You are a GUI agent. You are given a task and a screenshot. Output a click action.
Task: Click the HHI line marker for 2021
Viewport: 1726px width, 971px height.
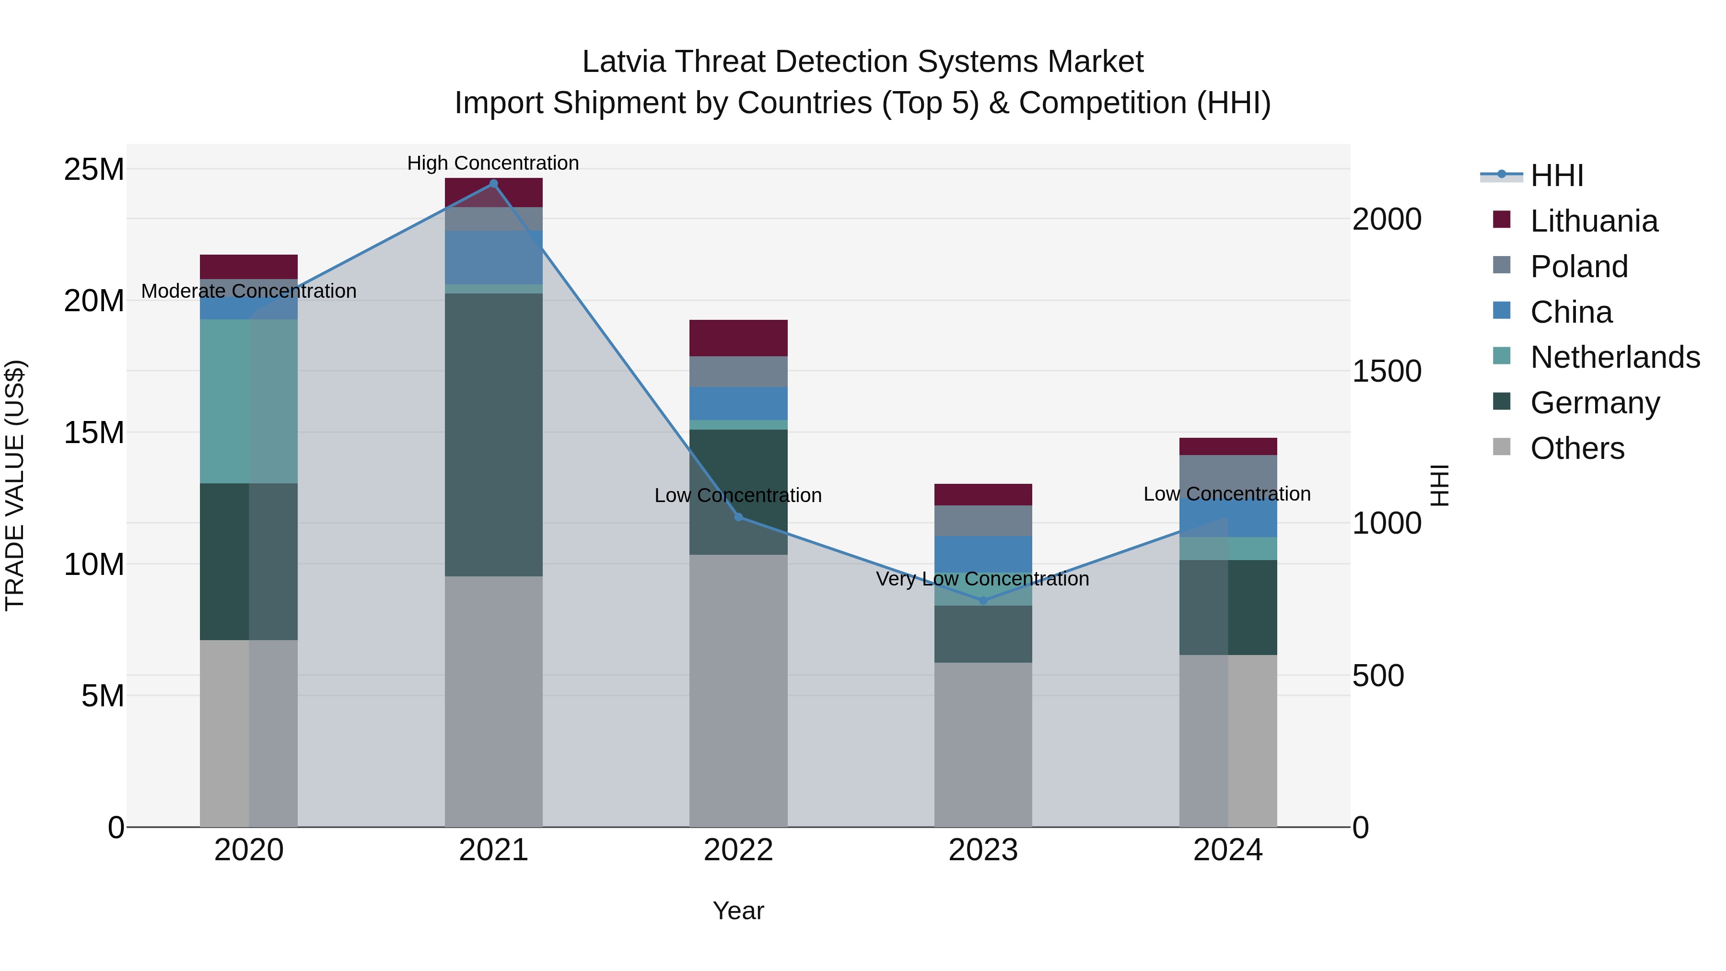coord(493,184)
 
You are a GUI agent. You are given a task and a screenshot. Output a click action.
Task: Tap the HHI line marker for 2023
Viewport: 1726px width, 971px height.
coord(983,600)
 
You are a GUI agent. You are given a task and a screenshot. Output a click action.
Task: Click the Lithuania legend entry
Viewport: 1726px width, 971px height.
coord(1593,221)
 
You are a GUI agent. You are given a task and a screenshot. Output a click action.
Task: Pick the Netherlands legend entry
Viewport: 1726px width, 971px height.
coord(1614,357)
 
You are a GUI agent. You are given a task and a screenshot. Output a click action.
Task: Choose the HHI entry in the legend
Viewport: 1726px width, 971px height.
coord(1556,175)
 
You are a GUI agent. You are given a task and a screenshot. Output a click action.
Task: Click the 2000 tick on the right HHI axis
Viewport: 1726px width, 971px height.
coord(1386,219)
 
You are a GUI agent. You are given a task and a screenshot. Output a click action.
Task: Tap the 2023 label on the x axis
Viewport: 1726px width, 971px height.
coord(983,850)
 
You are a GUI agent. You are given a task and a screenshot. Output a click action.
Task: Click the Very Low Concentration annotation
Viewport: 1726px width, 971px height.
coord(982,579)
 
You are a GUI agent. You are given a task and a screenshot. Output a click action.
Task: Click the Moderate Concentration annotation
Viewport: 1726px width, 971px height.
coord(248,291)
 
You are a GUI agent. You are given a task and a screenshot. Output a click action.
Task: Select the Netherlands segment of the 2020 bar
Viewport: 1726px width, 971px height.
coord(248,401)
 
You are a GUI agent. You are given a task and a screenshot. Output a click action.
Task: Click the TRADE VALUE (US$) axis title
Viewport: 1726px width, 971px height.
coord(15,485)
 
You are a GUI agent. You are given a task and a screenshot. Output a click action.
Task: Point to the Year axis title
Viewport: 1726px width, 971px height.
coord(738,911)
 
